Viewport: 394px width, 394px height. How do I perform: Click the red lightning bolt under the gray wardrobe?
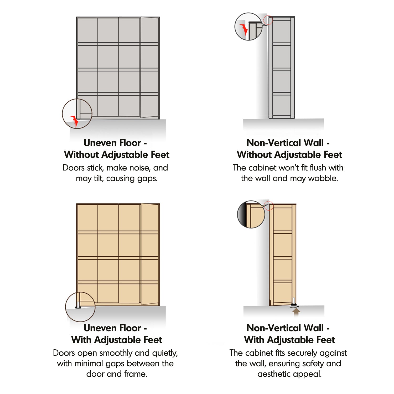point(75,121)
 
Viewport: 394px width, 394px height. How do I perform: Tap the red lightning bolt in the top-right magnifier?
point(244,29)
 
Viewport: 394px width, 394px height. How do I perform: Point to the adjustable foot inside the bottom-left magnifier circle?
point(78,305)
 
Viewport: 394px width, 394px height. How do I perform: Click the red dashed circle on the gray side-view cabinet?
point(268,20)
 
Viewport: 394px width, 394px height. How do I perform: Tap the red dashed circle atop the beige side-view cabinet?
point(268,206)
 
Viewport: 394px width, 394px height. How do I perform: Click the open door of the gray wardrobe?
point(149,67)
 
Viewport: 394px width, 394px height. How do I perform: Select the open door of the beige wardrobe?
point(150,254)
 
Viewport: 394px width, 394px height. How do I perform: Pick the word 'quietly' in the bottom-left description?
point(165,353)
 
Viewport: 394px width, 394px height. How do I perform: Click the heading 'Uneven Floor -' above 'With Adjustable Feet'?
point(115,328)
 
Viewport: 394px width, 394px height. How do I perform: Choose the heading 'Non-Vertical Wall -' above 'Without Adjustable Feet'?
point(288,143)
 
